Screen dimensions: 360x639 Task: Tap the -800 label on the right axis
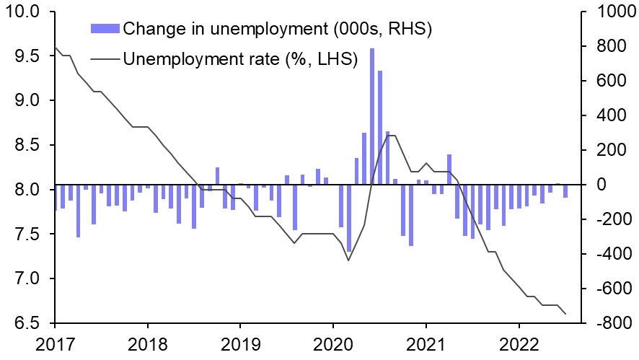click(x=612, y=323)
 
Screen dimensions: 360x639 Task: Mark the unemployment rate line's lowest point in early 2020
click(x=348, y=260)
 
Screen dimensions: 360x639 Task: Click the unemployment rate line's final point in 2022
click(x=565, y=314)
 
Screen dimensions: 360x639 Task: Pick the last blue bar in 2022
click(x=565, y=191)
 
